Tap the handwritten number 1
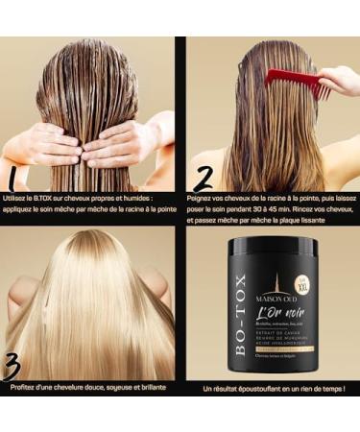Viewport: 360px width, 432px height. tap(13, 178)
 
